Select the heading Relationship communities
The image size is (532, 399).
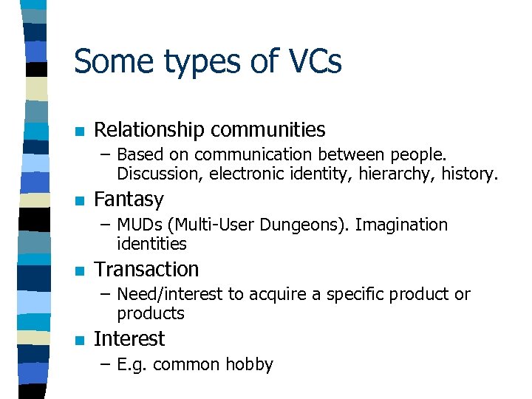click(209, 130)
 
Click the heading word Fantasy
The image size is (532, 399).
click(129, 199)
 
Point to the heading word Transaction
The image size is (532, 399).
click(146, 269)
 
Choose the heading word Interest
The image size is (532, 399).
click(129, 338)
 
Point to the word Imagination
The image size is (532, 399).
click(401, 225)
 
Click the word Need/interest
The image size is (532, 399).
click(169, 294)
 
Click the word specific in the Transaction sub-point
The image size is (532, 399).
click(355, 294)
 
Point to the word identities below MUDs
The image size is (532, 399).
click(151, 243)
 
